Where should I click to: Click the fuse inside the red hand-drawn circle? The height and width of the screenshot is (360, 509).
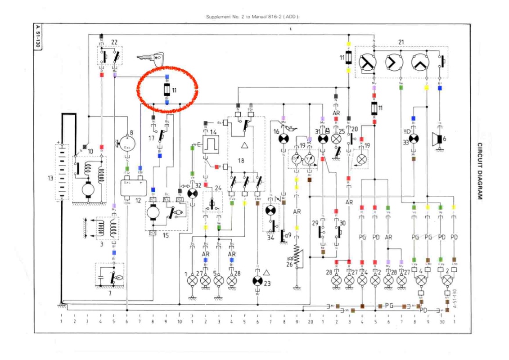click(x=167, y=90)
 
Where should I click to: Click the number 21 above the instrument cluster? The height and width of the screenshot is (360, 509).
click(x=401, y=42)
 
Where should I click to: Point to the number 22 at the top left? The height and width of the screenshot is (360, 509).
click(x=114, y=42)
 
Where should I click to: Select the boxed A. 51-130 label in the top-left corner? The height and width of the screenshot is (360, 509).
click(x=38, y=38)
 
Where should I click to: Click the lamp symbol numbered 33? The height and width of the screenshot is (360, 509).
click(x=414, y=139)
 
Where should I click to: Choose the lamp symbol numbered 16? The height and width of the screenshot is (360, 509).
click(x=283, y=139)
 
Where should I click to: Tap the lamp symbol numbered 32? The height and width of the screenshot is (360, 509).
click(x=193, y=193)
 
